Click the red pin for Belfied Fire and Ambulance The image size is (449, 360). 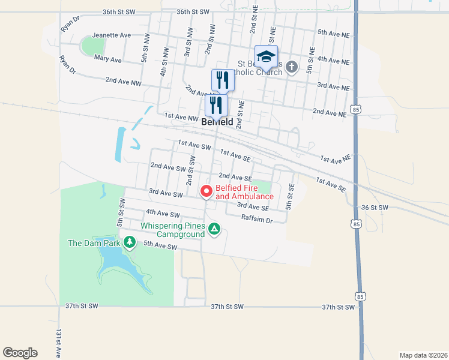(x=206, y=191)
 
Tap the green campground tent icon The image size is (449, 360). (x=214, y=229)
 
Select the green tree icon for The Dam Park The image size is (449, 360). (x=130, y=242)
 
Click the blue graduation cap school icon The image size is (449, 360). (x=266, y=57)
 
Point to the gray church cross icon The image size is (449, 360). (x=292, y=67)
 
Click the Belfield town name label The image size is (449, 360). (x=217, y=121)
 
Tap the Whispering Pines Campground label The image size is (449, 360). (x=173, y=230)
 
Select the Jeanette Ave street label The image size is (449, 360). (x=111, y=35)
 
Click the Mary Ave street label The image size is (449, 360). (x=108, y=60)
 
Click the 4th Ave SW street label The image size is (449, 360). (x=163, y=214)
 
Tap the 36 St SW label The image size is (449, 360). (x=375, y=208)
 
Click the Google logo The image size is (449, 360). (x=20, y=353)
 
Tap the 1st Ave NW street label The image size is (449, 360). (x=181, y=117)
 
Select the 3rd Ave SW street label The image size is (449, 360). (x=165, y=194)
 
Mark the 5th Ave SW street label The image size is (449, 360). (x=160, y=246)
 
